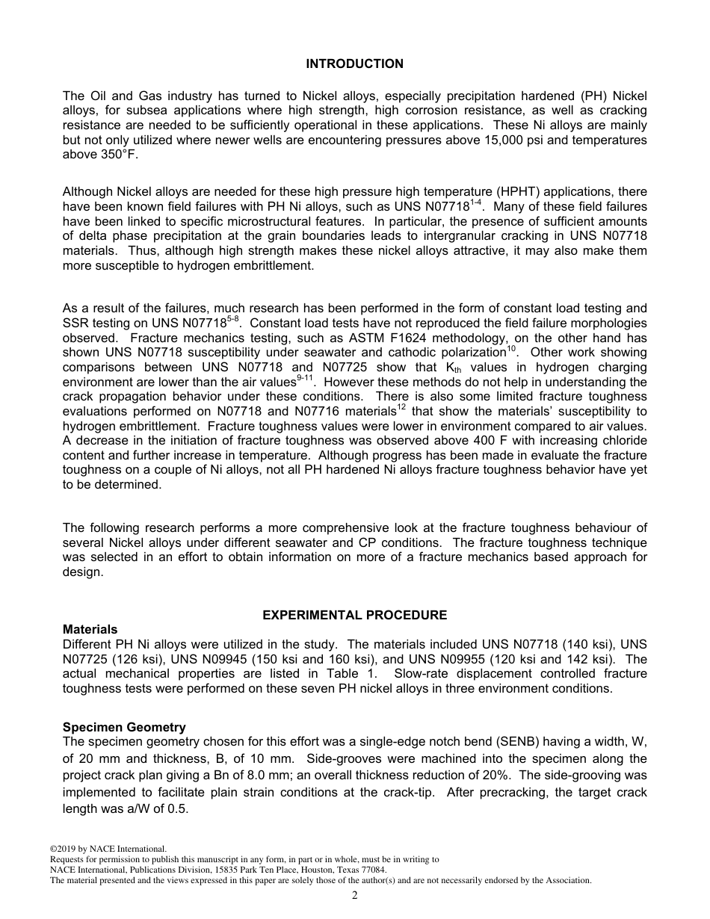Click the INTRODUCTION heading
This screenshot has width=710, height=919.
(x=354, y=64)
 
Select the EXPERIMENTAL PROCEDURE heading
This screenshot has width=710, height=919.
(x=354, y=615)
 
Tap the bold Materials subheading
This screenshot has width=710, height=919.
(x=90, y=629)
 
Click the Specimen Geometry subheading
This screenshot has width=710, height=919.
(x=124, y=727)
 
